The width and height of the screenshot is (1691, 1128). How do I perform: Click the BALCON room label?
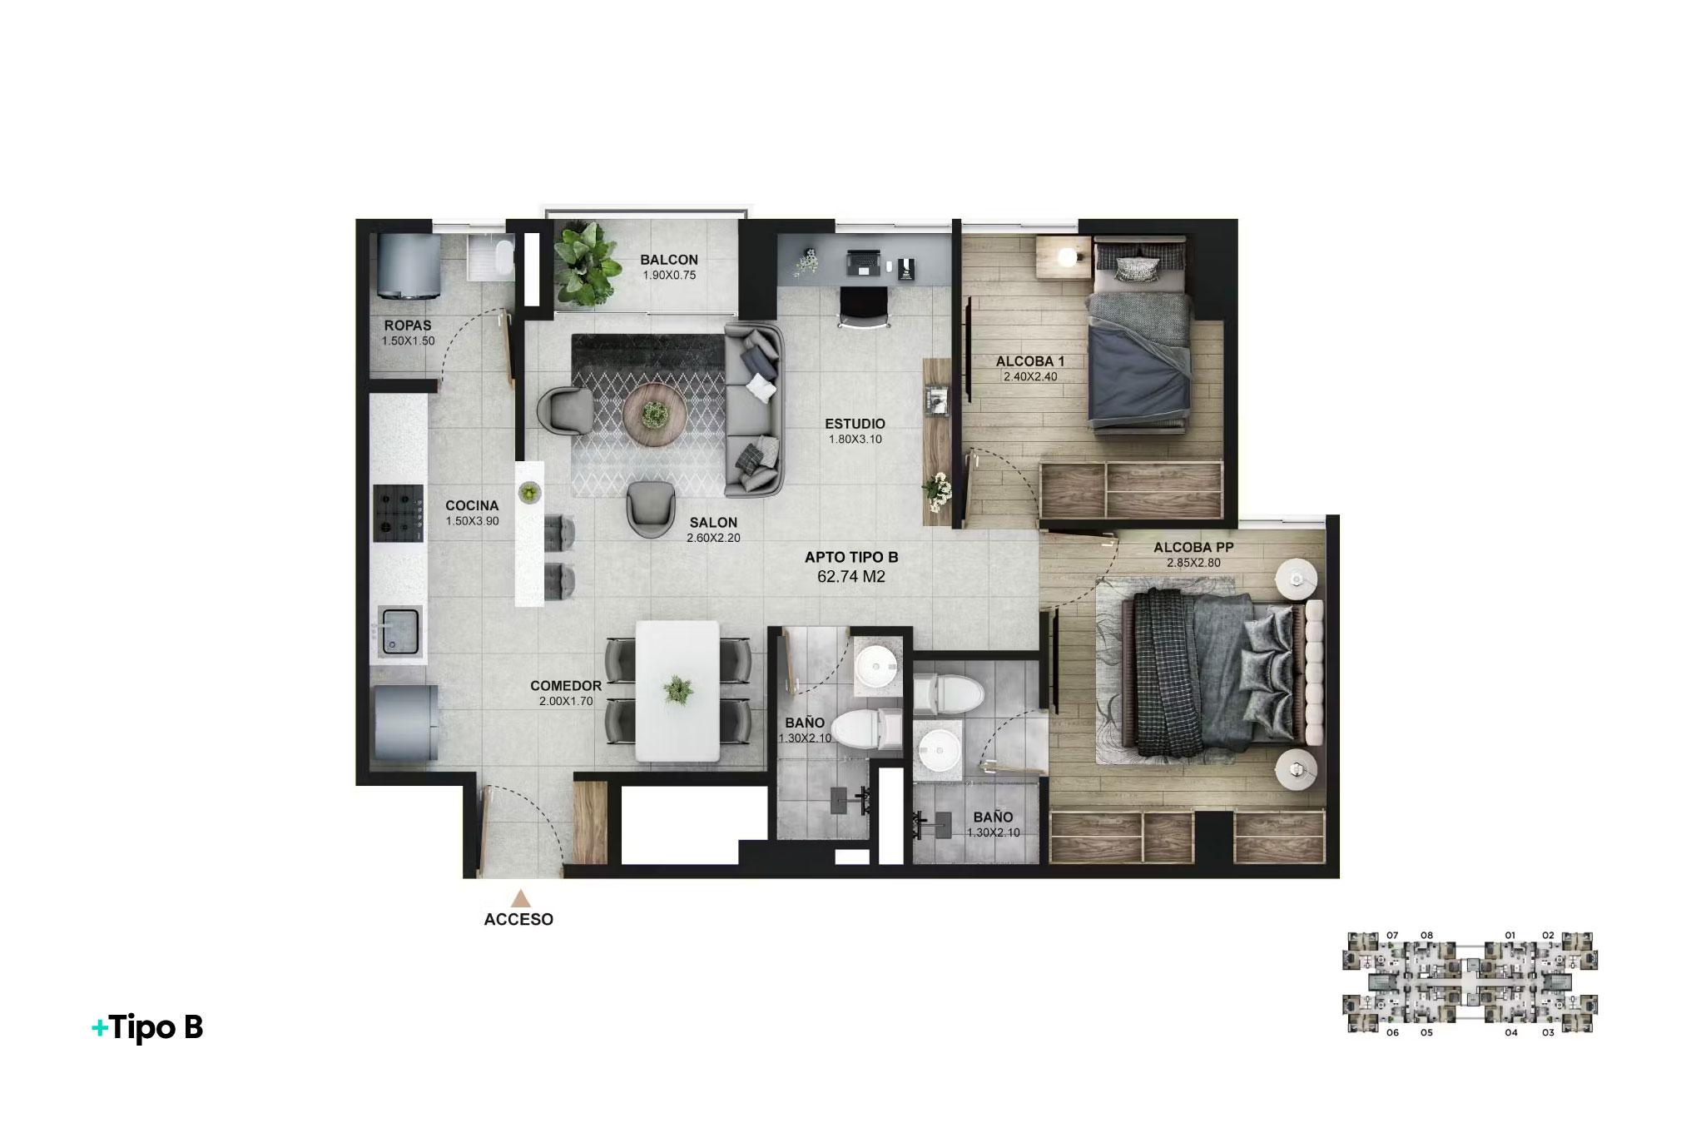point(668,260)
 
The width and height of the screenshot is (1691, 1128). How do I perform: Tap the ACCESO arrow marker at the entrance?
point(521,898)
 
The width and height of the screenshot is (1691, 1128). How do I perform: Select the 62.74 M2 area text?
point(851,576)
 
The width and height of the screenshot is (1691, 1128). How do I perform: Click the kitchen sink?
point(400,631)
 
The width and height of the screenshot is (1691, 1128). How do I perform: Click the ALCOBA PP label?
point(1193,548)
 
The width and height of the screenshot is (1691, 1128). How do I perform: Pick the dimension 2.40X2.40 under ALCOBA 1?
point(1029,376)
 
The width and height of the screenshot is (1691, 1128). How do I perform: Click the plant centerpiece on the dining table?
point(677,690)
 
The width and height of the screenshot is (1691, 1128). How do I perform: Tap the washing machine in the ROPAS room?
point(408,265)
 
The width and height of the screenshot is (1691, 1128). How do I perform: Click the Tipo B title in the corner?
point(148,1028)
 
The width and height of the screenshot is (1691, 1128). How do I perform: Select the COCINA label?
point(472,505)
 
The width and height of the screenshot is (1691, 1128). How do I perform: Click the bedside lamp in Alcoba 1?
point(1067,256)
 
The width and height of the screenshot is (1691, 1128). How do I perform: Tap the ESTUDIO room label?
point(855,424)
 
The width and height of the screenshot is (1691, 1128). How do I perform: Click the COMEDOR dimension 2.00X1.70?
point(565,702)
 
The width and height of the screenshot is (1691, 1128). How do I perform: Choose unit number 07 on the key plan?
point(1392,935)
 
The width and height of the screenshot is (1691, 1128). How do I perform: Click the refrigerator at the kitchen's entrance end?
point(405,721)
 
